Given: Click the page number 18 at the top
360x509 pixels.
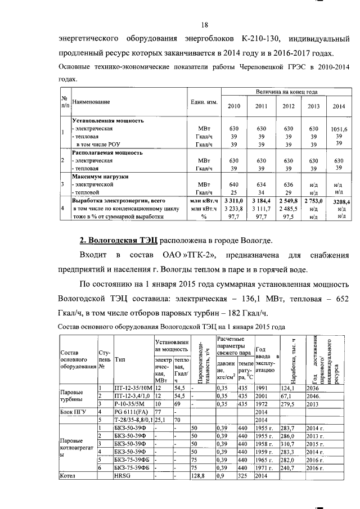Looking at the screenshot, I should tap(205, 25).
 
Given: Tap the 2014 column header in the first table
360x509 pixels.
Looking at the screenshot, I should tap(339, 106).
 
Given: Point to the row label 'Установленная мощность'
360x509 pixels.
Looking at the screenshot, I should tap(107, 120).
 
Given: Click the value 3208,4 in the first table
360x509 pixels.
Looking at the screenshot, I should tap(341, 201).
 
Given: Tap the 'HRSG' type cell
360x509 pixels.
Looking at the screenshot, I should tap(122, 475).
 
